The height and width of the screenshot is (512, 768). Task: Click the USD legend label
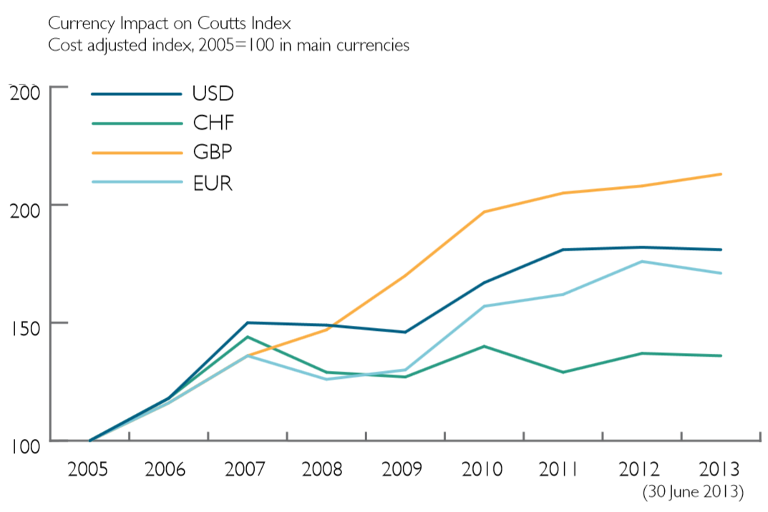click(213, 93)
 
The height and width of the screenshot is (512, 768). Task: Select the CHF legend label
click(213, 123)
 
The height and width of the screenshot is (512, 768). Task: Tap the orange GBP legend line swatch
click(137, 153)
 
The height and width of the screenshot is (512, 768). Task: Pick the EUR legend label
click(213, 183)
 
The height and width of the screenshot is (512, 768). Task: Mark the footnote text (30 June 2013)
click(694, 493)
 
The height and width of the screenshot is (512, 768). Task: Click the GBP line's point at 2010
click(485, 212)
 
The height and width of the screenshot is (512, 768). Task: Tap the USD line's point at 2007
click(248, 322)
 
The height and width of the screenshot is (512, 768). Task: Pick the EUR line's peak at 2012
click(642, 261)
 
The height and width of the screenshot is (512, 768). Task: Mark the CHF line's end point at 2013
click(721, 356)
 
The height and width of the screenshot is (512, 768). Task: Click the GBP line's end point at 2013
click(721, 174)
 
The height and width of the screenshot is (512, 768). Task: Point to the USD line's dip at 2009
click(406, 332)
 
